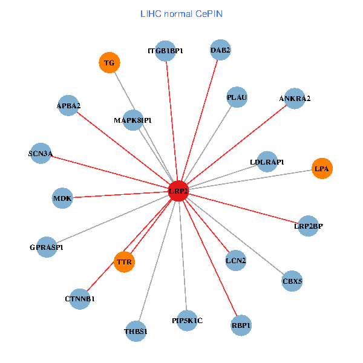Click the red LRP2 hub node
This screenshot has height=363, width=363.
point(178,191)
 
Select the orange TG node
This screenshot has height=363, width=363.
point(110,63)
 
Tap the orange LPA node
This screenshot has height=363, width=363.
point(322,168)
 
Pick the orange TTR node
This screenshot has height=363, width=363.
point(124,262)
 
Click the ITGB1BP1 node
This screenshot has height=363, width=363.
point(165,50)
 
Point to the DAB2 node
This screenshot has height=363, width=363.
point(220,50)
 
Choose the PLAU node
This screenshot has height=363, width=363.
point(237,97)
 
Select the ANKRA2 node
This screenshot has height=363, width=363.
point(295,99)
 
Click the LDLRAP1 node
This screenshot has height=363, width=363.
point(267,162)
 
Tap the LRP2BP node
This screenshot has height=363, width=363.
point(309,226)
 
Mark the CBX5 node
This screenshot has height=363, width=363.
point(292,281)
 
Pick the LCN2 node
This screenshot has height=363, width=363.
point(235,261)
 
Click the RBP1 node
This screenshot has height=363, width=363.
point(241,325)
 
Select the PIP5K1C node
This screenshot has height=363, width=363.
point(187,321)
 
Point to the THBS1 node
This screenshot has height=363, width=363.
point(136,331)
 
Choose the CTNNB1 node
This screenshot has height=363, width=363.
point(80,299)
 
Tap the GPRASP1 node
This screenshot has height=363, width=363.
point(47,247)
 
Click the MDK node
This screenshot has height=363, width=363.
point(62,198)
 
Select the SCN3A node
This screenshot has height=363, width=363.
point(41,154)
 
